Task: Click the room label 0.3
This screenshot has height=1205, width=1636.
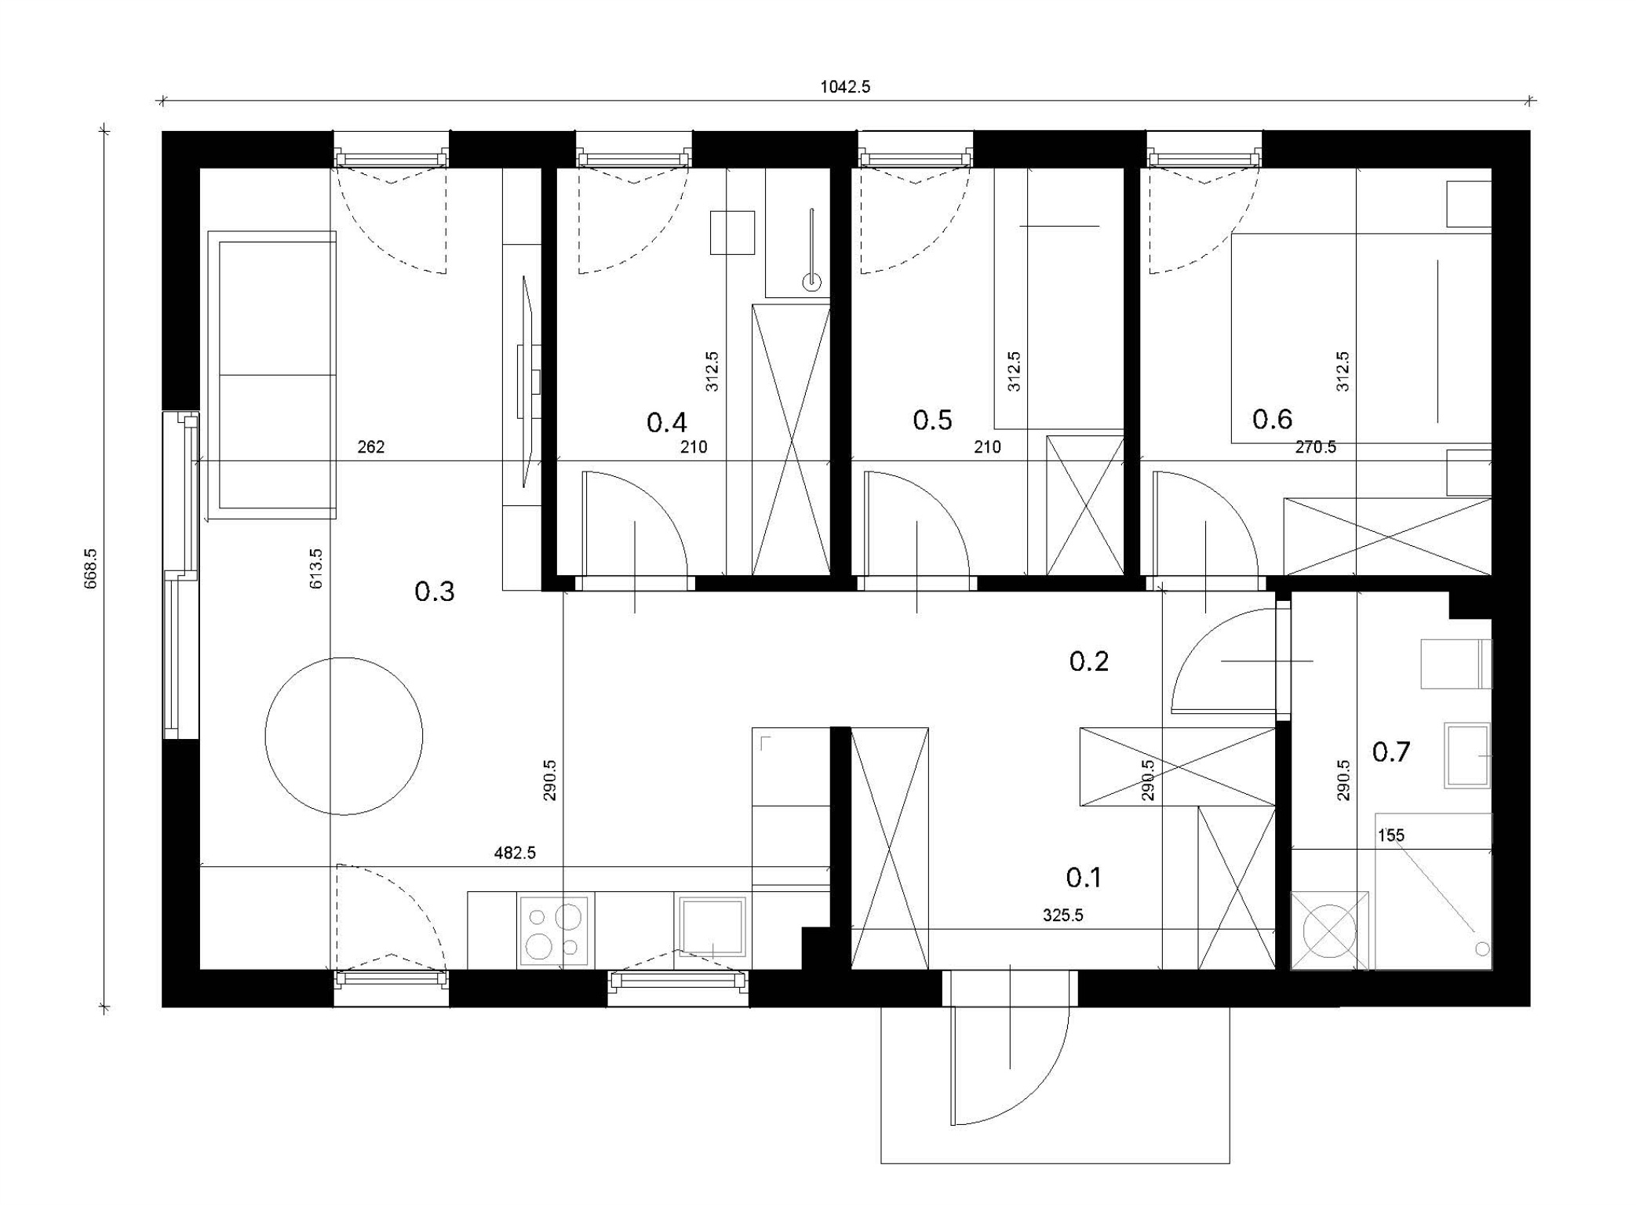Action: coord(434,592)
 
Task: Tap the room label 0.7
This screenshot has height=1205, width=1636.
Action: coord(1390,752)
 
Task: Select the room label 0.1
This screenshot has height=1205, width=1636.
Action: coord(1084,877)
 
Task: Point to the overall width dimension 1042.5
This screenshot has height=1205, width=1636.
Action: coord(845,87)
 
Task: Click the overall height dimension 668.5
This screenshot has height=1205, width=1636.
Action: coord(91,567)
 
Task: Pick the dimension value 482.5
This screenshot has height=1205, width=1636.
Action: coord(515,853)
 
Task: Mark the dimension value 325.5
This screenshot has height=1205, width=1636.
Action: coord(1063,915)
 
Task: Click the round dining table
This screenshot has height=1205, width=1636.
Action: coord(344,736)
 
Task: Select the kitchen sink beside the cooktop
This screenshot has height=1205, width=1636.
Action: coord(712,927)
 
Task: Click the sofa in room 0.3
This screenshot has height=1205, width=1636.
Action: coord(271,375)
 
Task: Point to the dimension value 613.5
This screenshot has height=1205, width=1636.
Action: coord(316,569)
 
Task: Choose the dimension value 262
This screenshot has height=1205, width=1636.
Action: coord(371,447)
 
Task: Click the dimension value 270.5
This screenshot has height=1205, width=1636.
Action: coord(1316,447)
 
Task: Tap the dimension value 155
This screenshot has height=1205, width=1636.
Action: coord(1391,835)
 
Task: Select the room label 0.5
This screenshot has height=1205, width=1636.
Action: coord(932,420)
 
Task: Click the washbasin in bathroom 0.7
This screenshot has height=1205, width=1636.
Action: coord(1467,755)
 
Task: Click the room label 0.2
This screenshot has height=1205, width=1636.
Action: coord(1089,661)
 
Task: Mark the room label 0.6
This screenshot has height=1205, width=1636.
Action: coord(1272,420)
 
